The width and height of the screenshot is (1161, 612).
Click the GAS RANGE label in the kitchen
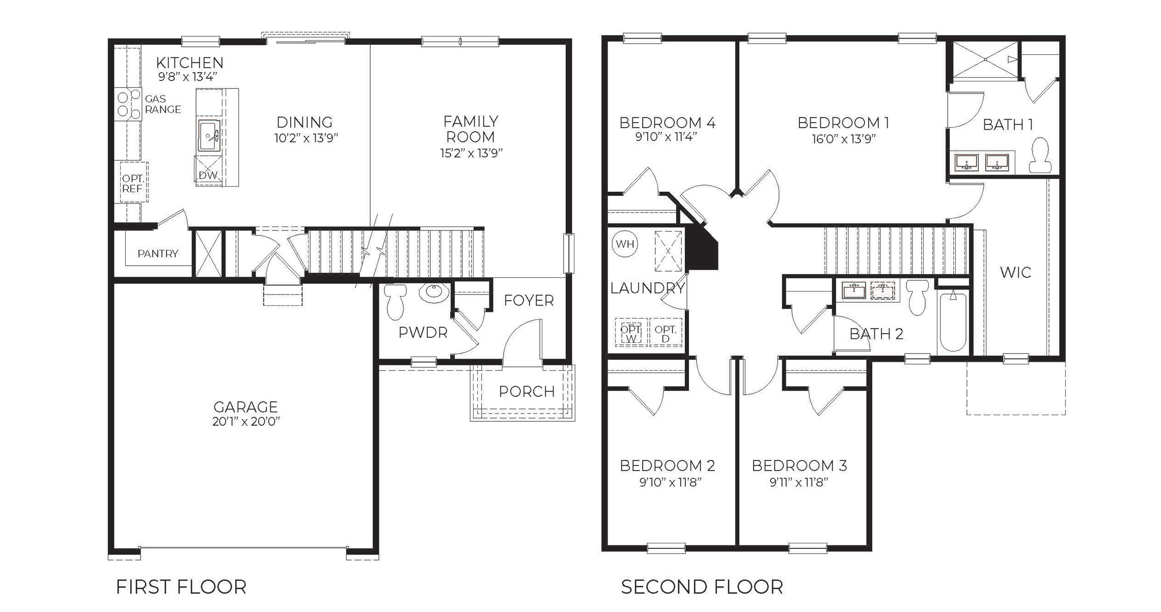(162, 104)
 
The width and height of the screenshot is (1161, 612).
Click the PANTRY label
(158, 253)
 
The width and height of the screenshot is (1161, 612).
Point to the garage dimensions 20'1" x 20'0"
(246, 422)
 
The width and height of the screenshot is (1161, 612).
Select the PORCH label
(527, 391)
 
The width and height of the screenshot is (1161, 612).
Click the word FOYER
(529, 301)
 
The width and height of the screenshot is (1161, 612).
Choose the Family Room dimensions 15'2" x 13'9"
(471, 153)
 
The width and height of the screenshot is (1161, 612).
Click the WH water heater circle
(625, 244)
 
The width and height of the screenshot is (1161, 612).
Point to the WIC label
(1015, 272)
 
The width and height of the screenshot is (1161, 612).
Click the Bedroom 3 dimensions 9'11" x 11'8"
(799, 481)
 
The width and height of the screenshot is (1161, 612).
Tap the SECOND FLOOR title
(702, 587)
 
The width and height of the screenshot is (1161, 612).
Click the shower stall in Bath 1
(985, 60)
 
